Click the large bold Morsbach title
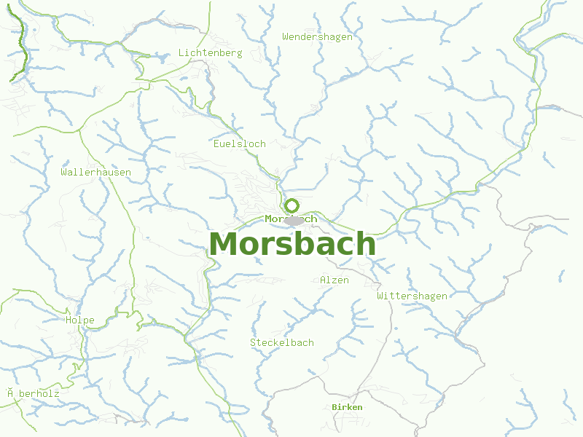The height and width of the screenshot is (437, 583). pos(292,244)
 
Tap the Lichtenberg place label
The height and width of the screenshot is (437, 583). pos(210,53)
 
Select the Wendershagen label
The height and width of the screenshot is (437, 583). pos(317,36)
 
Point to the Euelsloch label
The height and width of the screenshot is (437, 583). pos(240,143)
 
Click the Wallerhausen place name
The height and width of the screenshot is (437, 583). pos(96,173)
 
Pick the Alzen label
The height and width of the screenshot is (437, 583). pos(334,280)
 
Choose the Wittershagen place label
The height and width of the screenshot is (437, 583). pos(412,296)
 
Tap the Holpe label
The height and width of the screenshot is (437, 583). pos(79,320)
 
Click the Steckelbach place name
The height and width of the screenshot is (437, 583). pos(281,342)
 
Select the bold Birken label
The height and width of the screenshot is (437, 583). pos(346,407)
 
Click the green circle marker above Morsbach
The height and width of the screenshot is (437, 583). pos(292,205)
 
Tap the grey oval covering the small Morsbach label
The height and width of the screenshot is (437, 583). pos(294,220)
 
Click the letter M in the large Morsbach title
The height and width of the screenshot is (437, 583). pos(224,244)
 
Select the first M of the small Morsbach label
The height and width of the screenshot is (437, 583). pos(269,219)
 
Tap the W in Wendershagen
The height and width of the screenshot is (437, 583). pos(286,36)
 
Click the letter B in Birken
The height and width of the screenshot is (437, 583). pos(334,407)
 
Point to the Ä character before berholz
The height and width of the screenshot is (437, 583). pos(11,393)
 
